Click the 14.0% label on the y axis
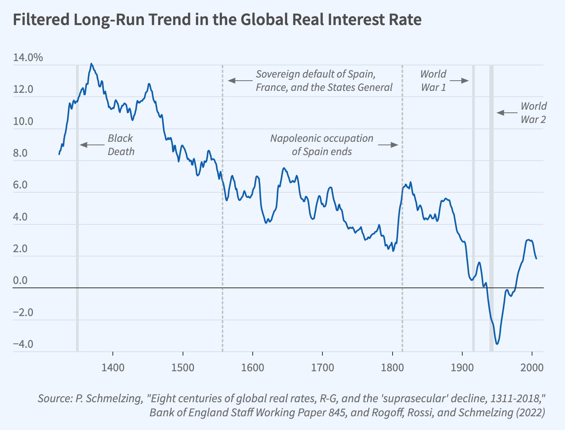point(28,58)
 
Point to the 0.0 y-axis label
point(20,280)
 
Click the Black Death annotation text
point(121,145)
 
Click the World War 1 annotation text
point(433,81)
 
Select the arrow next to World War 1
point(459,81)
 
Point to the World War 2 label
point(533,113)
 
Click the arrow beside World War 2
point(507,113)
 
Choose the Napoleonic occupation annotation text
point(322,145)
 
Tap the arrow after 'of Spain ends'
point(388,145)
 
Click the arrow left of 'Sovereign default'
point(241,81)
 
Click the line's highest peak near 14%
point(91,63)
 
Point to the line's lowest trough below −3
point(497,344)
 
